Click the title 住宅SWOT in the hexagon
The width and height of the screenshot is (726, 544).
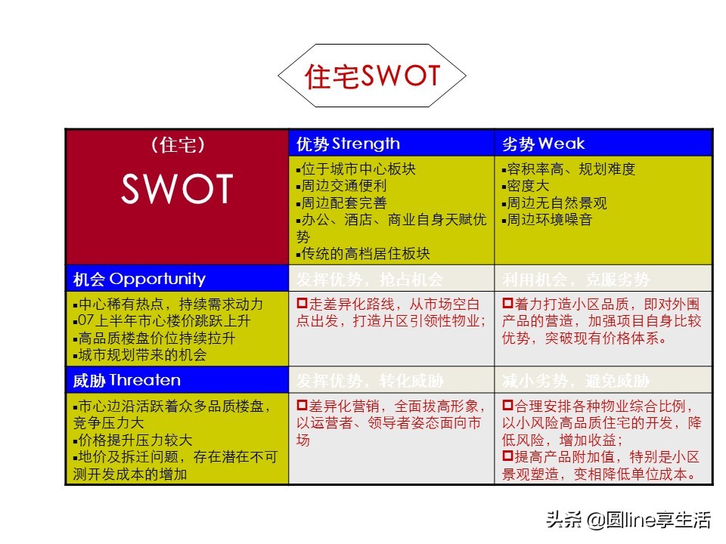click(371, 77)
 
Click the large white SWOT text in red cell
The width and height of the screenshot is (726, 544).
click(176, 190)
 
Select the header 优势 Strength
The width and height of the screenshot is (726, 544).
click(348, 144)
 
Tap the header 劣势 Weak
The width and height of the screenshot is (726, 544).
click(544, 144)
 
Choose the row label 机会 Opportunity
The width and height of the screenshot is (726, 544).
click(139, 279)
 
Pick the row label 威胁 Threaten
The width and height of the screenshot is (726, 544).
click(126, 379)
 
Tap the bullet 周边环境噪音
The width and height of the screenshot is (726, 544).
click(546, 220)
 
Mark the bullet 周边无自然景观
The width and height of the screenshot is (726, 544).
click(554, 203)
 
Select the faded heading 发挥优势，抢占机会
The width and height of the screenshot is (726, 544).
click(369, 280)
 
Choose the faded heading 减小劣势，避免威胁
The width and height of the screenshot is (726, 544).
click(576, 380)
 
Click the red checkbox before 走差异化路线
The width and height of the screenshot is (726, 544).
click(301, 304)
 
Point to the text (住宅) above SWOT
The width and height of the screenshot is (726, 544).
click(176, 145)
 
